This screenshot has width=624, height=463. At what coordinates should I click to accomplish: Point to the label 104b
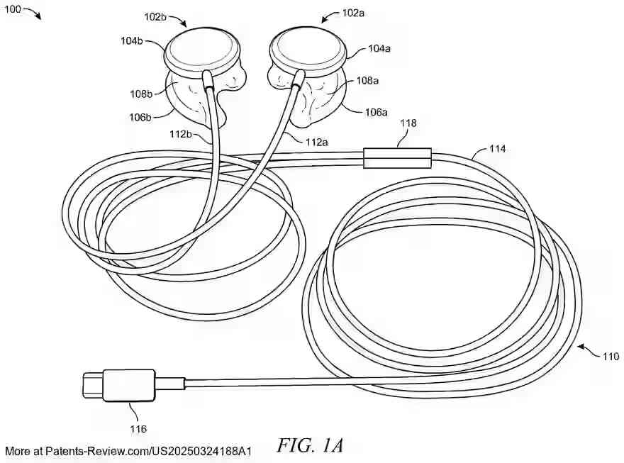tap(132, 40)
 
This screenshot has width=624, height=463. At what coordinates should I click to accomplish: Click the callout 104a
tap(379, 49)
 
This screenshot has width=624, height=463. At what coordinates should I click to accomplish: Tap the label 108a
tap(367, 81)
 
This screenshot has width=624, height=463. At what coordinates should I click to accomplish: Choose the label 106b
tap(139, 117)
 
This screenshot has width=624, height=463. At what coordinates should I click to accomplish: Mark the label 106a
tap(377, 112)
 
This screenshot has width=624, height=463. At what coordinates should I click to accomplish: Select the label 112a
tap(316, 142)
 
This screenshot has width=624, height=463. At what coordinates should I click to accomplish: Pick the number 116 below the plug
tap(138, 428)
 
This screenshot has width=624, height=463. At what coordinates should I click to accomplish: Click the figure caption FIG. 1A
tap(311, 445)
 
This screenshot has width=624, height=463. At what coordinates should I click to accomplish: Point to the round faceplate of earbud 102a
tap(307, 48)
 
